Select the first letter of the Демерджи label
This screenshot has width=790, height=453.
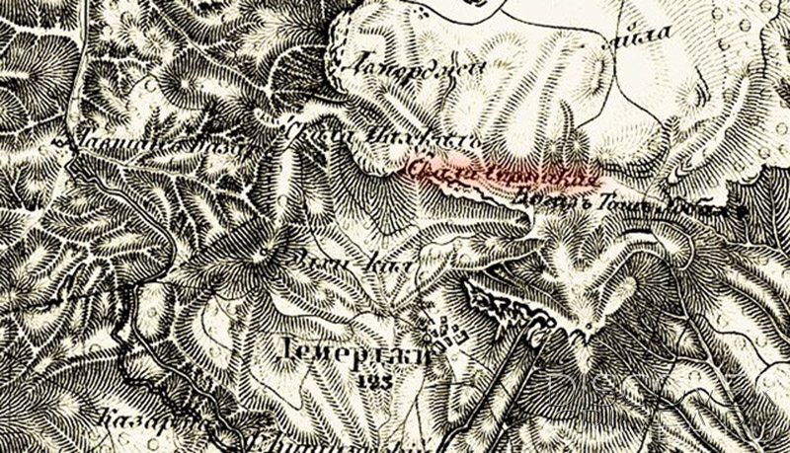pos(287,353)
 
